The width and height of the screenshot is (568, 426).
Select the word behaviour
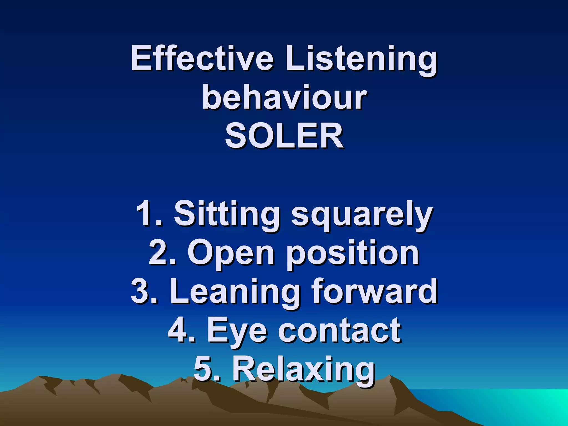click(285, 97)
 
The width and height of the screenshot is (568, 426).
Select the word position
click(353, 254)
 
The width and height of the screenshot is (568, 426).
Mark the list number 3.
click(141, 291)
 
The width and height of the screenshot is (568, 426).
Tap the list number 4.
click(179, 330)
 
